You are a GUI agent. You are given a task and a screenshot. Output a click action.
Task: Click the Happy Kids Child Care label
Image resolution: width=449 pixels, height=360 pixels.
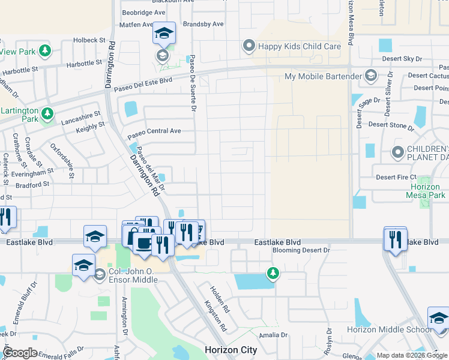click(299, 46)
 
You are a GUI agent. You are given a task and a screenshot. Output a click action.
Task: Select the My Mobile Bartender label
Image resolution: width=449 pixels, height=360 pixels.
click(323, 76)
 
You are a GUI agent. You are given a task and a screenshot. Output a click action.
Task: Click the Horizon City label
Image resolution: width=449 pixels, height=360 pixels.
click(231, 350)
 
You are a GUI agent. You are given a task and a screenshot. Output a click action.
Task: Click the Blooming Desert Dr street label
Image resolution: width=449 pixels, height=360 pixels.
click(301, 250)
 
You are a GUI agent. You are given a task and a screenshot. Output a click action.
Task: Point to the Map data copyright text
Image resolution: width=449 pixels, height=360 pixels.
click(412, 355)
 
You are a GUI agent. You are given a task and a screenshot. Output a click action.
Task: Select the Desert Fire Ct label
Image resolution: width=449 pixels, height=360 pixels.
click(396, 177)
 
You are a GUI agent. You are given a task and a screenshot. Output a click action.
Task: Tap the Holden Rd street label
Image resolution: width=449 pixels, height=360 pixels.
click(219, 299)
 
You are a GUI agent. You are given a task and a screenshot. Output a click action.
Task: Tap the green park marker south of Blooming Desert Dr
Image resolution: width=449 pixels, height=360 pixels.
click(273, 274)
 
